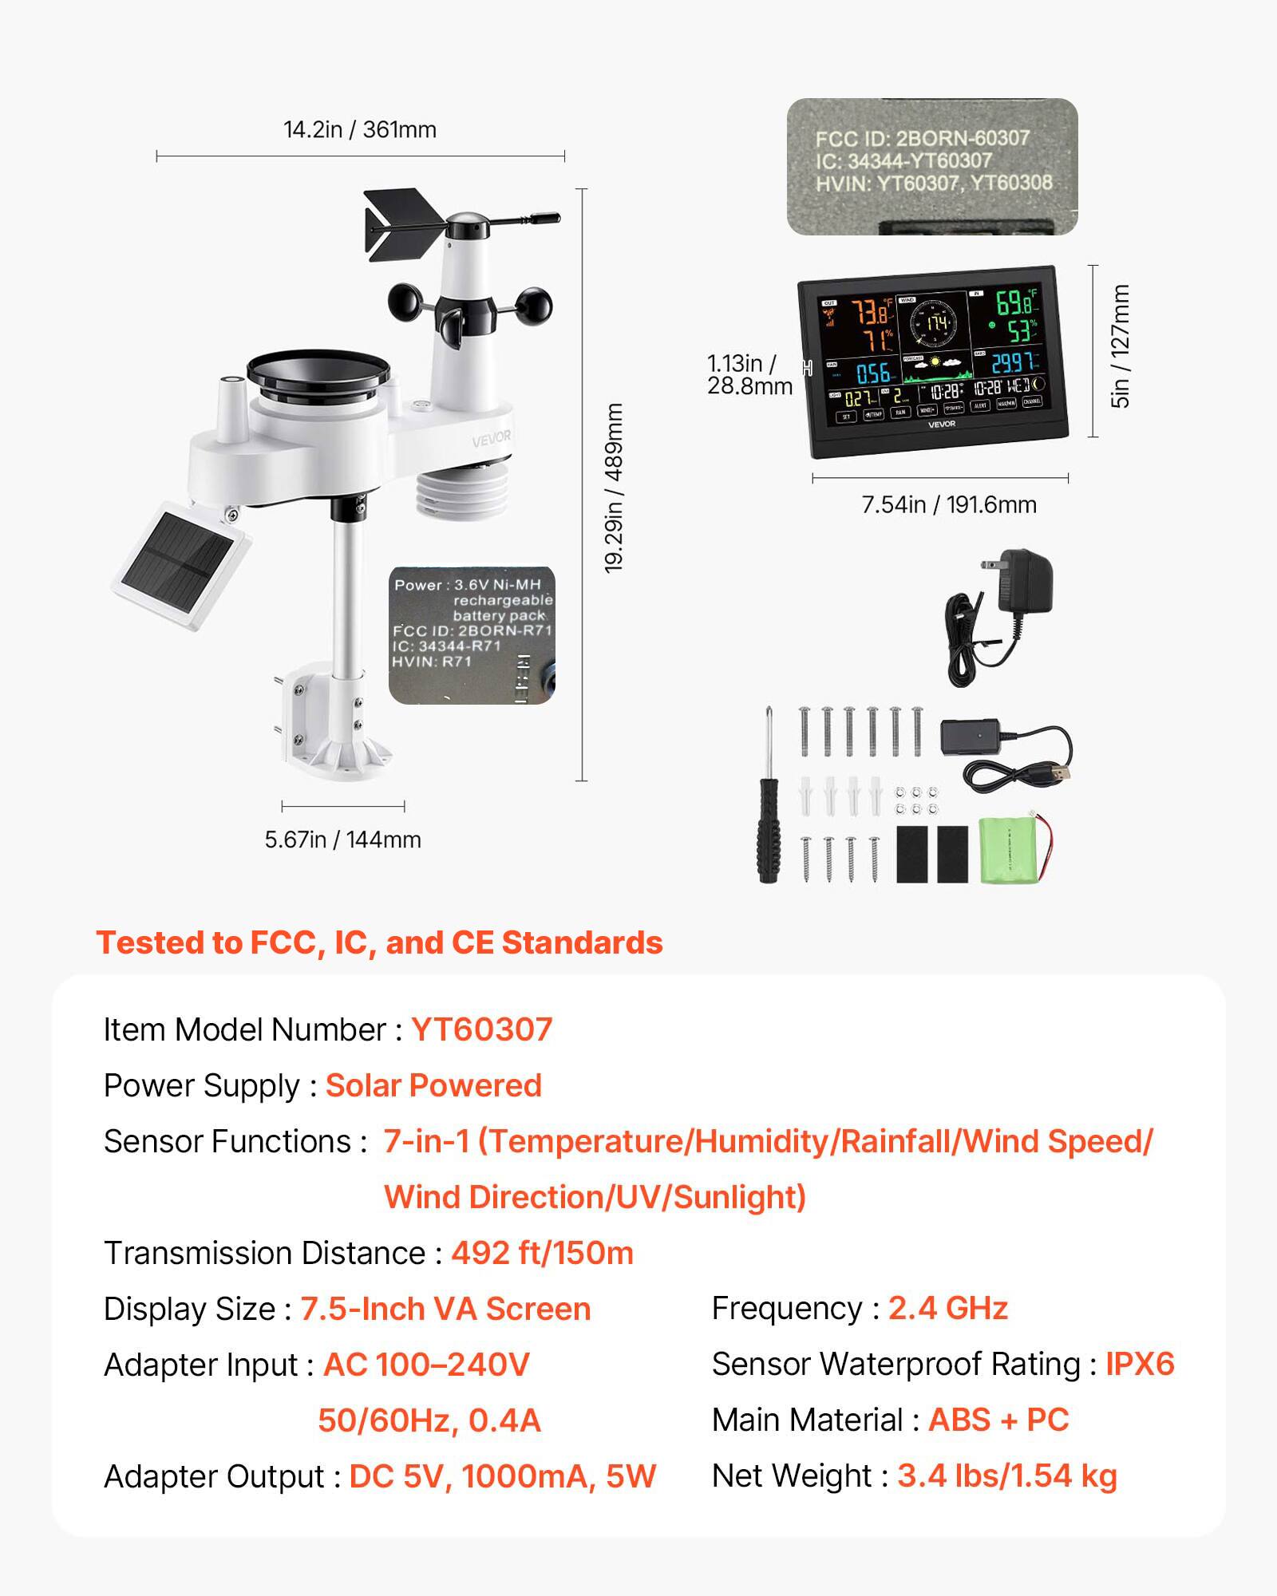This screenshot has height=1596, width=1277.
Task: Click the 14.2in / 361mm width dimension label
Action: pyautogui.click(x=360, y=129)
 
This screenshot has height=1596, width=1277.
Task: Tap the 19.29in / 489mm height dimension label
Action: pyautogui.click(x=614, y=488)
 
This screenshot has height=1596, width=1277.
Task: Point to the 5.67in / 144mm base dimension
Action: pyautogui.click(x=343, y=839)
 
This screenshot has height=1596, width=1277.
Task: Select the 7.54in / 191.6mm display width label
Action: pyautogui.click(x=949, y=504)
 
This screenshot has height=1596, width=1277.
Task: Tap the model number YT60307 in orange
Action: pyautogui.click(x=481, y=1029)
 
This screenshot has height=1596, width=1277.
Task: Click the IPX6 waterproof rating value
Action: pyautogui.click(x=1139, y=1364)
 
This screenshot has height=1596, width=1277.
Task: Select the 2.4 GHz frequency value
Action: pyautogui.click(x=947, y=1308)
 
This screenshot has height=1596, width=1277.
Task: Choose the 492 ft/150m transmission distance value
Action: pyautogui.click(x=542, y=1253)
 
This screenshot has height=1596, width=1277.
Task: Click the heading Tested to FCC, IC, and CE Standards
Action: pyautogui.click(x=379, y=942)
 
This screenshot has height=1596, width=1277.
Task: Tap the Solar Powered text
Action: pyautogui.click(x=433, y=1085)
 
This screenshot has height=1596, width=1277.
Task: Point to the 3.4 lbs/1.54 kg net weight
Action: pyautogui.click(x=1006, y=1476)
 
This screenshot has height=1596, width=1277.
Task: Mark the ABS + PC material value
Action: pyautogui.click(x=998, y=1420)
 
